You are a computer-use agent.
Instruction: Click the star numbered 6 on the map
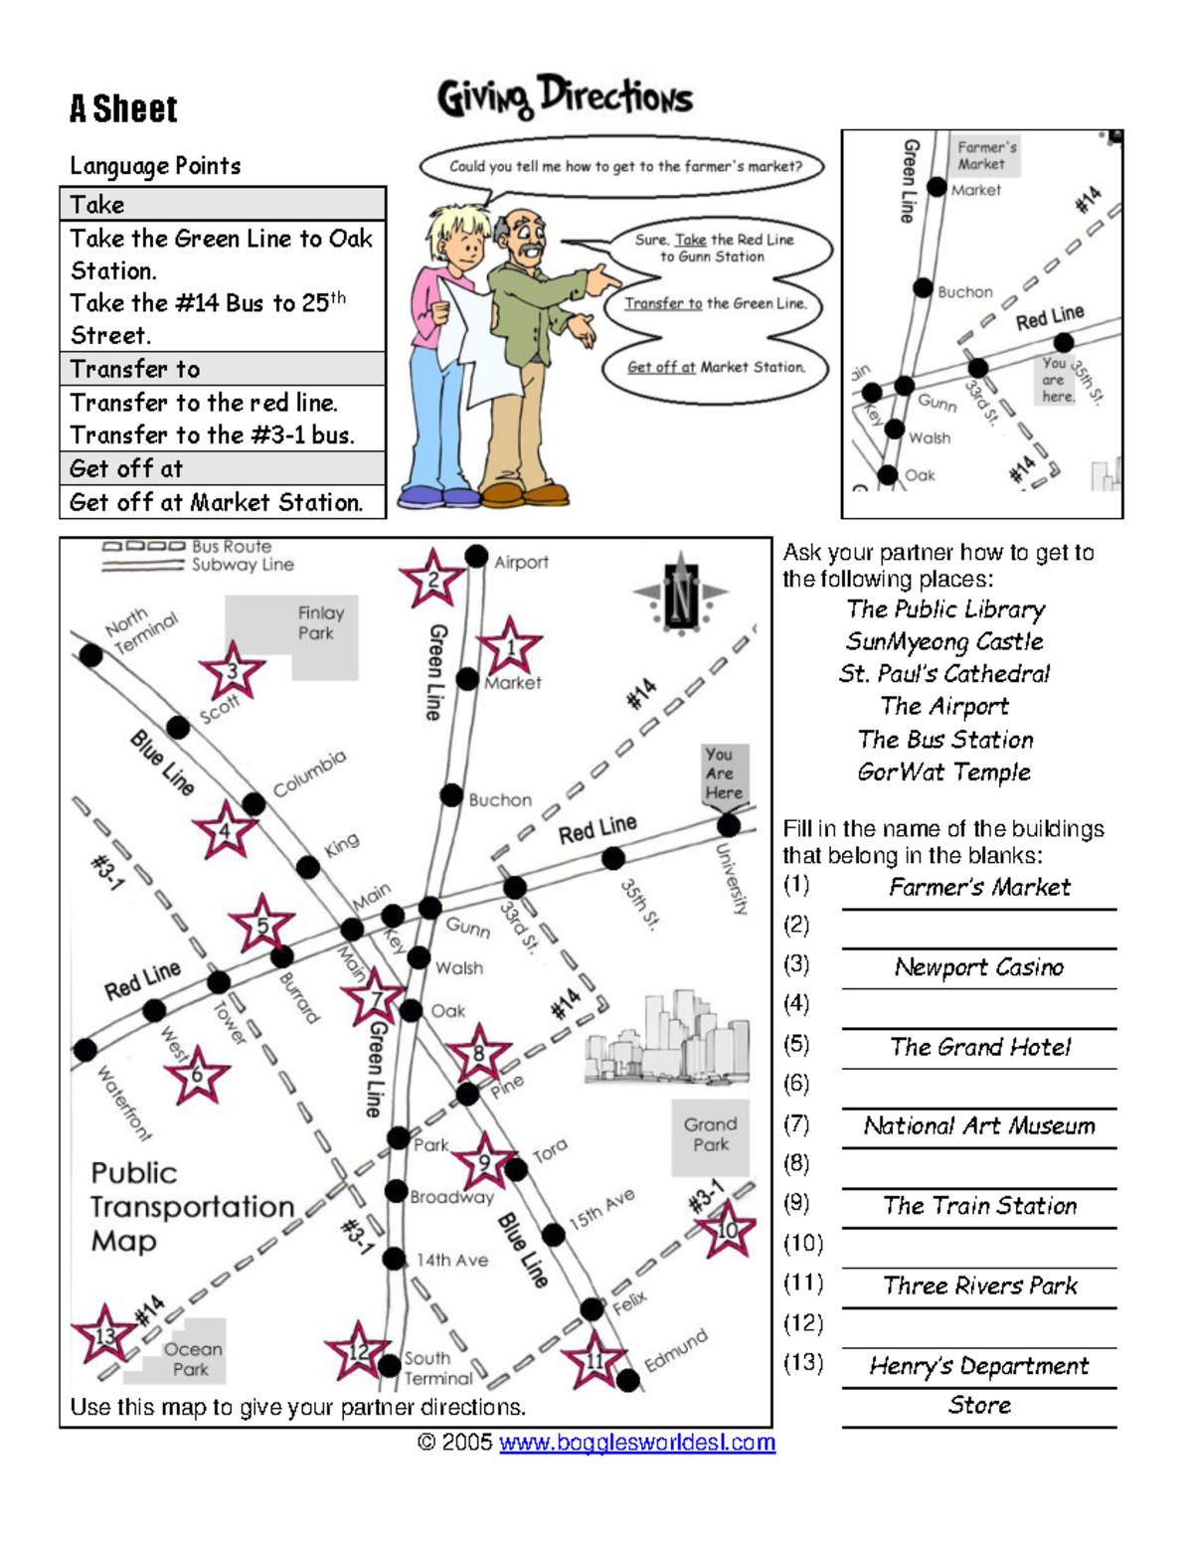[197, 1075]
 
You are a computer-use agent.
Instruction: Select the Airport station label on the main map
[521, 562]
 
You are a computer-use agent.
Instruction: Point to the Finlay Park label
[320, 623]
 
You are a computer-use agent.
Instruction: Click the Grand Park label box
[710, 1134]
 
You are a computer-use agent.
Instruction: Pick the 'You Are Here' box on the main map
[724, 773]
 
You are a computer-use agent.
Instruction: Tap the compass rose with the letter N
[681, 595]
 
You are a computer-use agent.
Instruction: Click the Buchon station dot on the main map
[452, 796]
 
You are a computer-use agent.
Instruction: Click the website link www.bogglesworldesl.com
[636, 1443]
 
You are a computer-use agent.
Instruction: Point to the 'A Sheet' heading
[123, 108]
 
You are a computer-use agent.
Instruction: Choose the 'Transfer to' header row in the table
[223, 369]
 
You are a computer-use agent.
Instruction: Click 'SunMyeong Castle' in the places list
[944, 641]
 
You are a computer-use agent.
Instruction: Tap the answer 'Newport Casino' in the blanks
[978, 967]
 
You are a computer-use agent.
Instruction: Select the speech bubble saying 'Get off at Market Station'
[716, 367]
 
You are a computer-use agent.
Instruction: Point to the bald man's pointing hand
[602, 278]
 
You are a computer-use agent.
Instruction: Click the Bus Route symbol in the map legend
[143, 546]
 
